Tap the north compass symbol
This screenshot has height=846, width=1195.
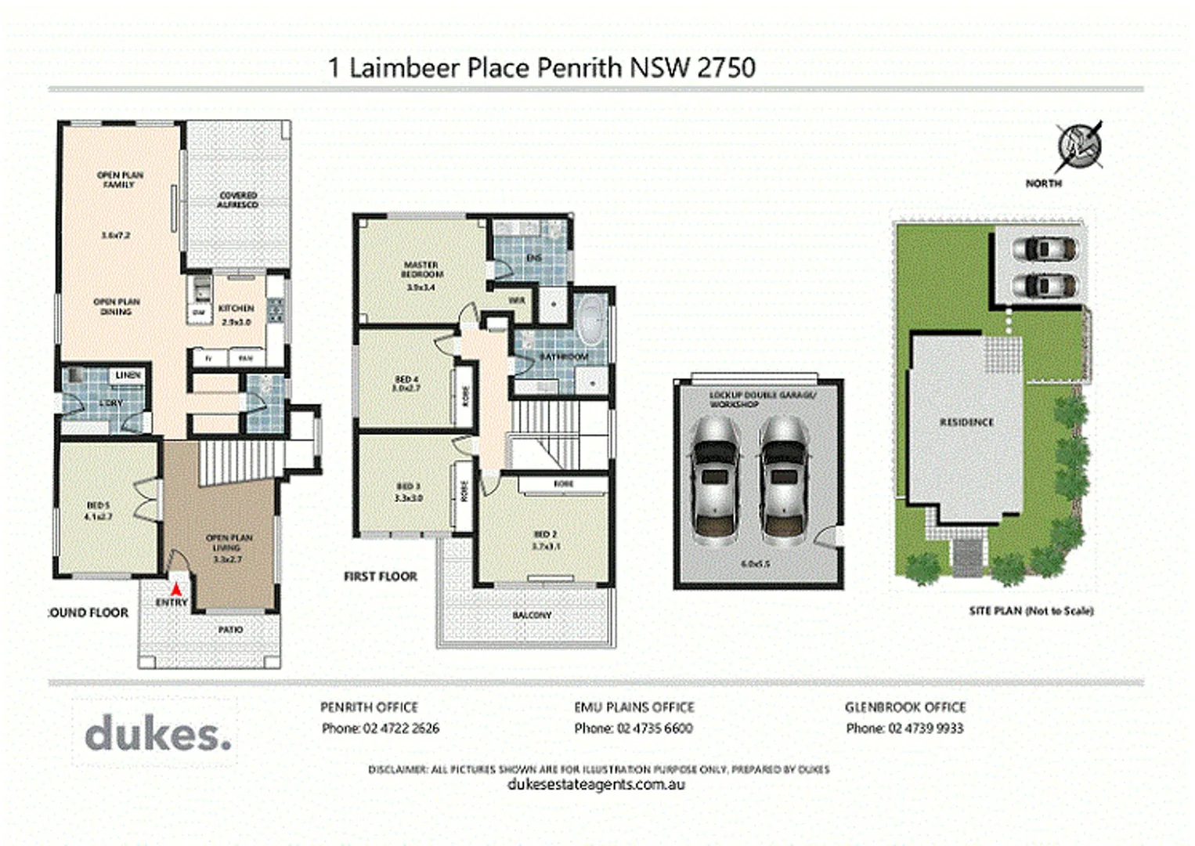pyautogui.click(x=1080, y=146)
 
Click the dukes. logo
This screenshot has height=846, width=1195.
pyautogui.click(x=157, y=734)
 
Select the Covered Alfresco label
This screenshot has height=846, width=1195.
pyautogui.click(x=238, y=200)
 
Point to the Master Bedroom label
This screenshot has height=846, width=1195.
pyautogui.click(x=422, y=270)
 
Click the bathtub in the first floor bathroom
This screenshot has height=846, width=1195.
pyautogui.click(x=590, y=322)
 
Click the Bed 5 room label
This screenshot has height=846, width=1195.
pyautogui.click(x=99, y=512)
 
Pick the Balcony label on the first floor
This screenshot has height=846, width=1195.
pyautogui.click(x=532, y=616)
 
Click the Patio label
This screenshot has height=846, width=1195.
pyautogui.click(x=230, y=629)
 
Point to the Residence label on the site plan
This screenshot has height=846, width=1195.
pyautogui.click(x=966, y=422)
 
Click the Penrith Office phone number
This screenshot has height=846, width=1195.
pyautogui.click(x=381, y=728)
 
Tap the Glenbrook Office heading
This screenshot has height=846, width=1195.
pyautogui.click(x=904, y=707)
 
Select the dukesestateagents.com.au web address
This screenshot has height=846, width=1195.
pyautogui.click(x=597, y=785)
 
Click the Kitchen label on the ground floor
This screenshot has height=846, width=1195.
pyautogui.click(x=236, y=309)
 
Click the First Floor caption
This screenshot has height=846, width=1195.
pyautogui.click(x=381, y=577)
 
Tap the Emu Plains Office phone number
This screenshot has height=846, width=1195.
pyautogui.click(x=634, y=728)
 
